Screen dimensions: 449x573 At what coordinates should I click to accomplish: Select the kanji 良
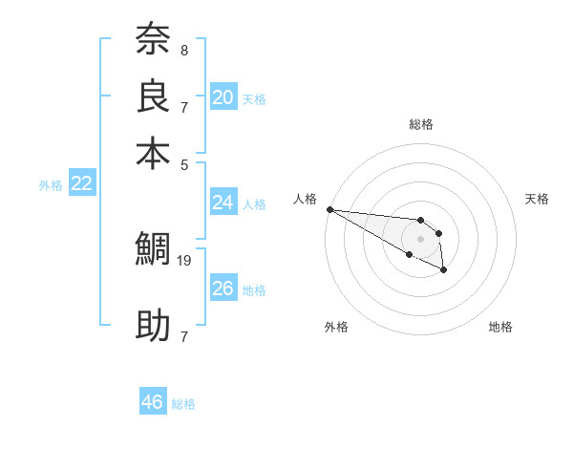pyautogui.click(x=154, y=96)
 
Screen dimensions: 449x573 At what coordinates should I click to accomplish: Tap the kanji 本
pyautogui.click(x=154, y=154)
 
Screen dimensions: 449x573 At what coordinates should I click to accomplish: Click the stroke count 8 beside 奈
pyautogui.click(x=184, y=50)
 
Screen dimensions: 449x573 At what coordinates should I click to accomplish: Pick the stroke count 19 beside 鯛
pyautogui.click(x=185, y=259)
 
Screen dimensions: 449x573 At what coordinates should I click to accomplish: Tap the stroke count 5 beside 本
pyautogui.click(x=184, y=163)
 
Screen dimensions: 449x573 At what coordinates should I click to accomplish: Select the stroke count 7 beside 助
pyautogui.click(x=184, y=336)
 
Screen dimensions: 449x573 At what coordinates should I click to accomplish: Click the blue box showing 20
pyautogui.click(x=223, y=96)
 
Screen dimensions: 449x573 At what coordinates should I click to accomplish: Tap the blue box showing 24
pyautogui.click(x=223, y=203)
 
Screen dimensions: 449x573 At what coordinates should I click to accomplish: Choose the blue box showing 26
pyautogui.click(x=223, y=289)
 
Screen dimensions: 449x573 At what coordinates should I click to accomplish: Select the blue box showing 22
pyautogui.click(x=82, y=183)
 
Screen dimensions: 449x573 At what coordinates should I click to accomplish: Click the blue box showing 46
pyautogui.click(x=153, y=402)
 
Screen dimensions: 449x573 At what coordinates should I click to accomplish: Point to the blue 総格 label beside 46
pyautogui.click(x=183, y=404)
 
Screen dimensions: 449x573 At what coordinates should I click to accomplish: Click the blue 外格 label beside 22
pyautogui.click(x=51, y=185)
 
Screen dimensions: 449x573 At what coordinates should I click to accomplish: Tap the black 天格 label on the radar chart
pyautogui.click(x=537, y=199)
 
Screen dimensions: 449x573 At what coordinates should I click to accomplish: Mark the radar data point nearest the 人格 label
pyautogui.click(x=329, y=209)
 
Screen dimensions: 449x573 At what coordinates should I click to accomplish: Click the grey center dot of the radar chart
pyautogui.click(x=420, y=239)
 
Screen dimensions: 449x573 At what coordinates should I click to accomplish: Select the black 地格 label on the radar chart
pyautogui.click(x=500, y=327)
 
